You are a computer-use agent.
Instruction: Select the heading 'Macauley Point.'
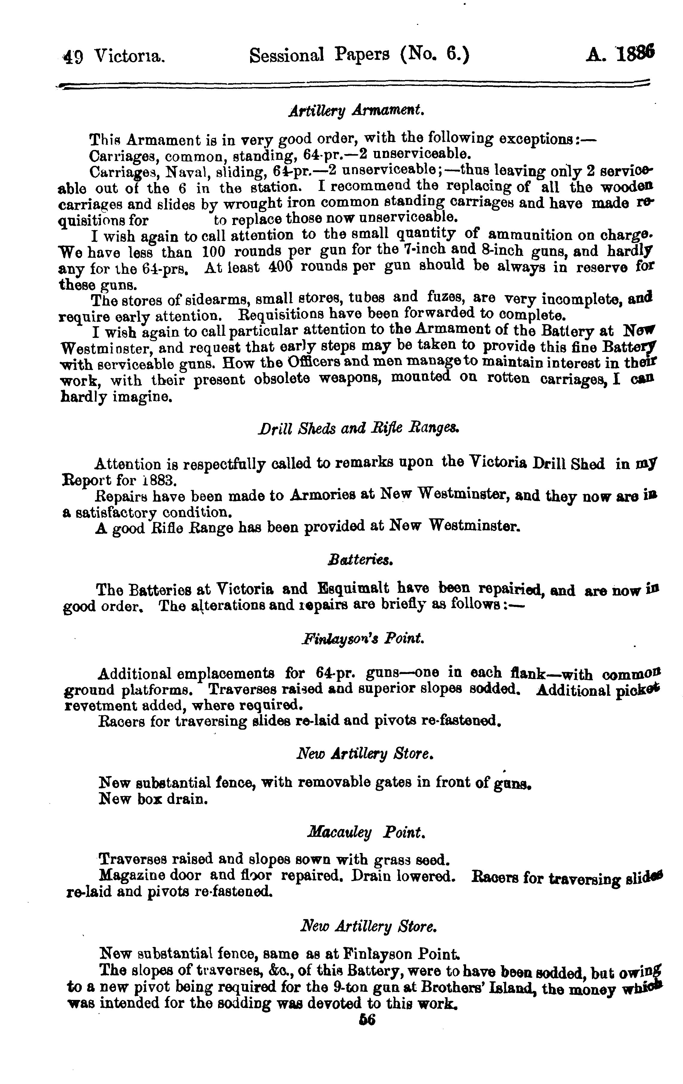[x=365, y=833]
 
